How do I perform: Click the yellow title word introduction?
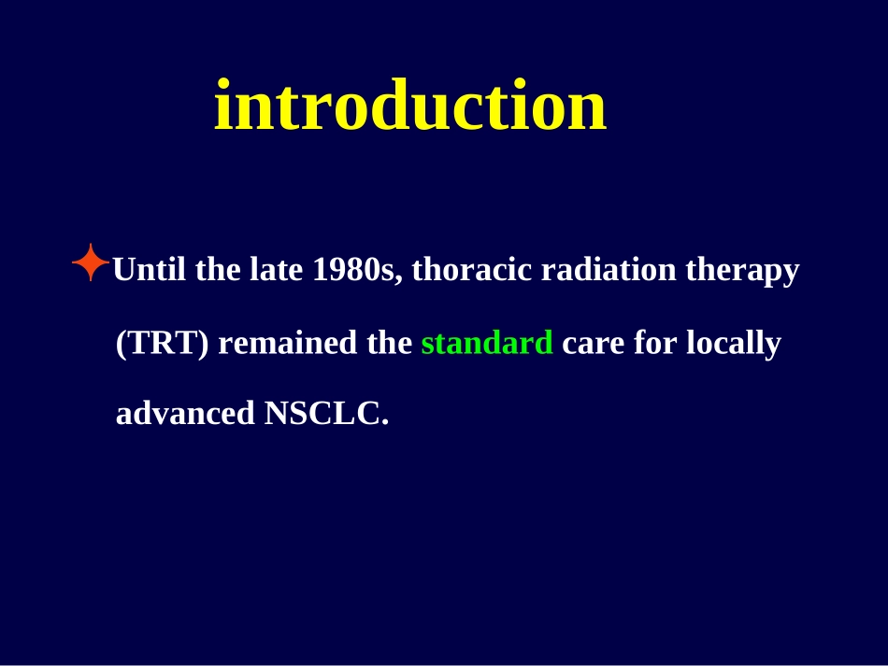(410, 106)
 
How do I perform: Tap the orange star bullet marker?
(91, 262)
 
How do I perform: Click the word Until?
(150, 269)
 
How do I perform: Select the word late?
(277, 269)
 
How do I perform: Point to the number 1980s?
(353, 269)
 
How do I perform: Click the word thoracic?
(472, 269)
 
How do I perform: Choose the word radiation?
(609, 269)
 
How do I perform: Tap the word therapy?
(742, 271)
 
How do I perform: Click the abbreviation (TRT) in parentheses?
(163, 343)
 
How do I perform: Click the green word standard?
(487, 343)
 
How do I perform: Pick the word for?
(655, 343)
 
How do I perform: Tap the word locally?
(734, 344)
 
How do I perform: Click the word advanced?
(185, 413)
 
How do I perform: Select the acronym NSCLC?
(322, 413)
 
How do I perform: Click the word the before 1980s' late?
(218, 269)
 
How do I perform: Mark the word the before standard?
(390, 343)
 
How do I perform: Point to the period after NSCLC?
(386, 422)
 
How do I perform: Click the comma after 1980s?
(399, 278)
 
